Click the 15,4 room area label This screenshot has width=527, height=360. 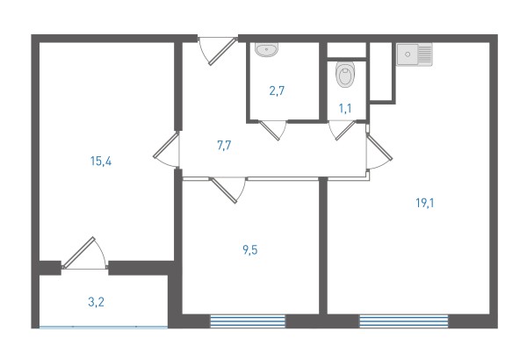coord(101,162)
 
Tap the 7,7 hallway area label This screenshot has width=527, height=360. coord(224,146)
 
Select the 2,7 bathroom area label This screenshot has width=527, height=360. coord(277,90)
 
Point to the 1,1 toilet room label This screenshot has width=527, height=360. coord(345,109)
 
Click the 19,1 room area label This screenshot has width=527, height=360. coord(425,203)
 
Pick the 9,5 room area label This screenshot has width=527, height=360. coord(250,250)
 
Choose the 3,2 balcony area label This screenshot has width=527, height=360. coord(96,302)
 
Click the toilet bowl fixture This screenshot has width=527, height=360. coord(345,75)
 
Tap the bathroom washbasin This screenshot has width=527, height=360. coord(266,50)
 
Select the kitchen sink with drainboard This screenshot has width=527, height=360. coord(415,54)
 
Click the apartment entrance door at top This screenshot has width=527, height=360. coord(218,50)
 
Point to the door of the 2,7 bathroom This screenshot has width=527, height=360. coord(272,130)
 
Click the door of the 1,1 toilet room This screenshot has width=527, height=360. coord(343,130)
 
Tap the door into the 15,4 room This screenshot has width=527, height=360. coord(166,149)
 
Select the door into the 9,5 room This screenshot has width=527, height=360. coord(227,190)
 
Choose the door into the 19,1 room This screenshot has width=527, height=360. coord(379,151)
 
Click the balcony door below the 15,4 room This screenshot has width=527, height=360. coord(84,253)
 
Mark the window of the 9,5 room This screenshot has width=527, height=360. coord(248,321)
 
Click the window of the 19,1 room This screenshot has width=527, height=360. coord(404,321)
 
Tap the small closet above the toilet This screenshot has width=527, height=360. coord(346,50)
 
